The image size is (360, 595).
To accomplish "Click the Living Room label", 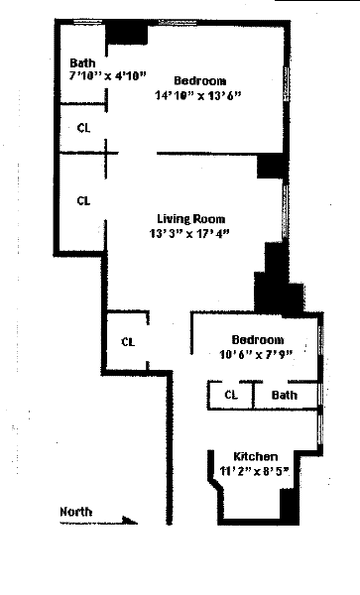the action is tap(190, 219).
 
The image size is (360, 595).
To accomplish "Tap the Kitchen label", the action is tap(255, 456).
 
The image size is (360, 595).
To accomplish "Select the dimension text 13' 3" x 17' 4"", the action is tap(189, 233).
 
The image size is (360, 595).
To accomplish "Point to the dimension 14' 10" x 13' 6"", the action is tap(198, 95).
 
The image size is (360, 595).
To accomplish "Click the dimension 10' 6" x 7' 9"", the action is tap(257, 354).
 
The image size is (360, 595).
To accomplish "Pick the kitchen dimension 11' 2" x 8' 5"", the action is tap(255, 471).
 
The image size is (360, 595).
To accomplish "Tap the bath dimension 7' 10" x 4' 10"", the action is tap(107, 75).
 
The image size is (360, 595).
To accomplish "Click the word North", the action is tap(76, 512).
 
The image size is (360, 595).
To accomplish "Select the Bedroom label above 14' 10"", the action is tap(200, 81).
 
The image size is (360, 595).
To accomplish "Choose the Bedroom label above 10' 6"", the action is tap(258, 339).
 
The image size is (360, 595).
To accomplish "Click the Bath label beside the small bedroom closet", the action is tap(284, 395).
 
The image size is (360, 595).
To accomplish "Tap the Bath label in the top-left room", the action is tap(82, 62).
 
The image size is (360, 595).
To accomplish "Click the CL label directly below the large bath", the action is tap(83, 128).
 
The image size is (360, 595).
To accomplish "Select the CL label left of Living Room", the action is tap(83, 200).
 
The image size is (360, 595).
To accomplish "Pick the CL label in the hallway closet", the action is tap(128, 342).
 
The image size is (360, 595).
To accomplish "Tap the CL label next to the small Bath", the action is tap(231, 395).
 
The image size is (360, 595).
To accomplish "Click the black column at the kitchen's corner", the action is tap(290, 505).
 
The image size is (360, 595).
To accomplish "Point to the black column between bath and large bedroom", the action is tap(126, 34).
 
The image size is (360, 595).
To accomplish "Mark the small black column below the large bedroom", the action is tap(270, 166).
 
